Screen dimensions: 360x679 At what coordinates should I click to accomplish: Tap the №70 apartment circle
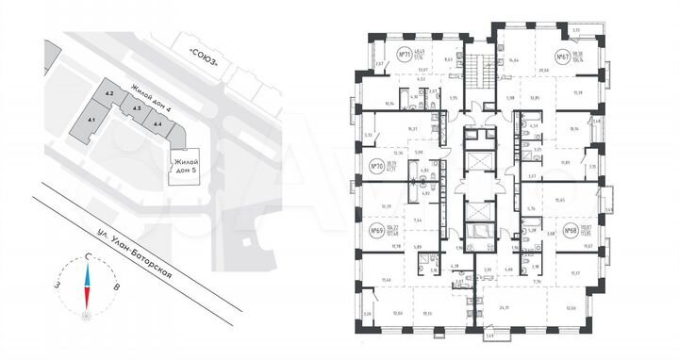tap(377, 170)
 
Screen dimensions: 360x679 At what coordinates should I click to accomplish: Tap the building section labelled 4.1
tap(92, 121)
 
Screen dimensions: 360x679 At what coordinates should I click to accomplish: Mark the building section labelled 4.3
tap(137, 109)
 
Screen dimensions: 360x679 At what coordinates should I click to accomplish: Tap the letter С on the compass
tap(87, 256)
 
